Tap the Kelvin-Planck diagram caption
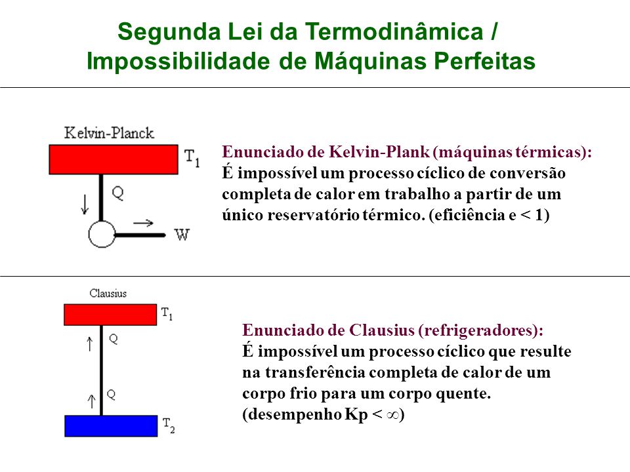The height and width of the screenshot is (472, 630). coord(109,133)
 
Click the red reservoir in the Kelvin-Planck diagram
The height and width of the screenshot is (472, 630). coord(114,159)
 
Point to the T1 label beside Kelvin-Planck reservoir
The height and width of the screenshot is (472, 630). coord(192,158)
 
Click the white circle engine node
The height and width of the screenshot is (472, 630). coord(102,235)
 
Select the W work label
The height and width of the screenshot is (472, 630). coord(182,235)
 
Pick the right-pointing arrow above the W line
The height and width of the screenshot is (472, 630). coord(144,223)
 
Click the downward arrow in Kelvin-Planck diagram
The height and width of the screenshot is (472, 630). coord(85,205)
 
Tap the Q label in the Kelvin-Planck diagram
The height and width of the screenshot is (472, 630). coord(117,193)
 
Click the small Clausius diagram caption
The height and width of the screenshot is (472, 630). coord(108,294)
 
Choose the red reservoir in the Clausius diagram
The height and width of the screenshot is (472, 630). coord(110,315)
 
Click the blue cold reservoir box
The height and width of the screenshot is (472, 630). coord(111,426)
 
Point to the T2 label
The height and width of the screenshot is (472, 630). coord(169,425)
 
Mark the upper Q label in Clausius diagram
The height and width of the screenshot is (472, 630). coord(114,339)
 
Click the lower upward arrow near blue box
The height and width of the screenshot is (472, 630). coord(92,401)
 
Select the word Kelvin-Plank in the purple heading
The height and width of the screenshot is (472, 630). coord(379,152)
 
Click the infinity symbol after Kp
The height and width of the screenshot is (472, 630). coord(392,415)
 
